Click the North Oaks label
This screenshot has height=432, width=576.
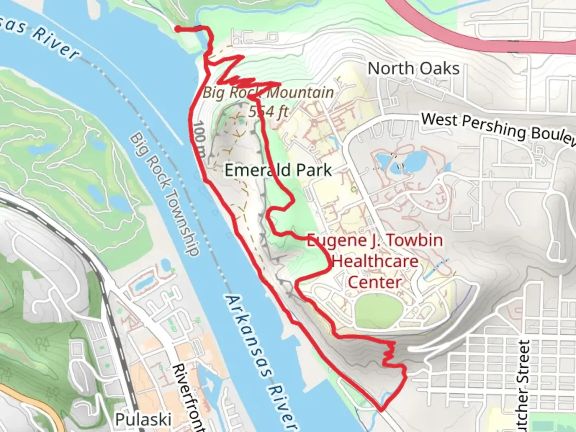[x=413, y=68]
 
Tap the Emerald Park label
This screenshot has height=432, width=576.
[x=278, y=170]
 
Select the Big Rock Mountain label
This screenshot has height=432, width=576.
[x=268, y=93]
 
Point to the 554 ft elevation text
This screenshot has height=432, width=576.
[x=268, y=111]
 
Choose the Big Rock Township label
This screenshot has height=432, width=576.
[x=164, y=194]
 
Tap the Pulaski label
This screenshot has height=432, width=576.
[x=143, y=420]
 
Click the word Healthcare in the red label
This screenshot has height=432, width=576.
[x=375, y=262]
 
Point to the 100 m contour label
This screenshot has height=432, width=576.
[x=200, y=140]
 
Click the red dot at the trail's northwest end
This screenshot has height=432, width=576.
[x=177, y=28]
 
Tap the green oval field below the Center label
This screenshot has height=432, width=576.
[x=378, y=310]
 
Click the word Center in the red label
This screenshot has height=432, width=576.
[x=375, y=282]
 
